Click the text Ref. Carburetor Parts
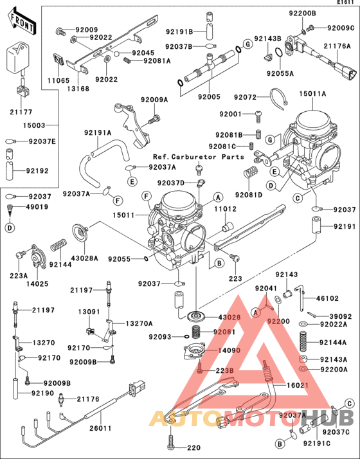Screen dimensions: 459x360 coord(198,157)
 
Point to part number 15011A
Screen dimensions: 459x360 coord(312,94)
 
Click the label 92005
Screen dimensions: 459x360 coord(210,97)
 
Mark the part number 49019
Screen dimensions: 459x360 coord(38,207)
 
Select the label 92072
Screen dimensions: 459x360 coord(246,97)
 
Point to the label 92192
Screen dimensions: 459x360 coord(38,172)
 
